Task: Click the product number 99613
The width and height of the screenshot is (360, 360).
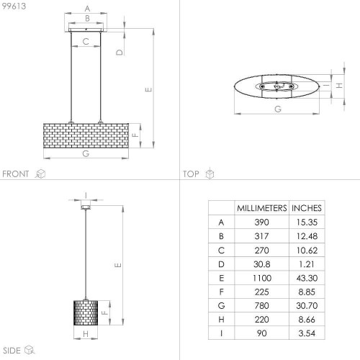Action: pos(14,6)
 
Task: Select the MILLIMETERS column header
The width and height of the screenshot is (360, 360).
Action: pos(262,208)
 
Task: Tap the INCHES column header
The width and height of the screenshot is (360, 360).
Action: pos(307,208)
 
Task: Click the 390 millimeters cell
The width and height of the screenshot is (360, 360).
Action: pos(261,222)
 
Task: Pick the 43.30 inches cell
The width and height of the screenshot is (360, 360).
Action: pos(307,278)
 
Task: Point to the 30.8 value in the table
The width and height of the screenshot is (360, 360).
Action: pos(262,264)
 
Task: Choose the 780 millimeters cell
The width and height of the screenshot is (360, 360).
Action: pos(261,305)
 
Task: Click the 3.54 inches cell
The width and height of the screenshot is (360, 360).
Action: pos(307,333)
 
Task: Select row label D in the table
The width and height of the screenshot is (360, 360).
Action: pos(221,264)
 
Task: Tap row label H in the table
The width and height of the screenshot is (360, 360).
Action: pos(221,320)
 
